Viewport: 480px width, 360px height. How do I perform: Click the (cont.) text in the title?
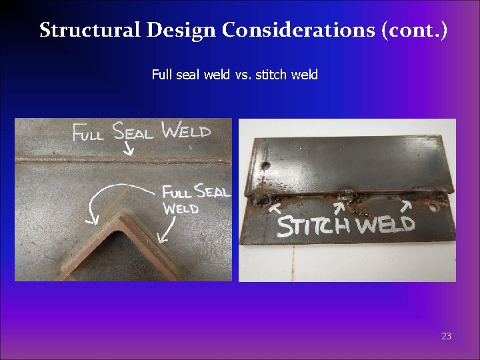coord(415,30)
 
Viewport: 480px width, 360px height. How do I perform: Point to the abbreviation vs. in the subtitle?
coord(243,75)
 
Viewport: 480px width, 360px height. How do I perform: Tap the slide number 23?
coord(446,336)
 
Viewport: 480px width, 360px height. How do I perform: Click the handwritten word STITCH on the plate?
coord(313,225)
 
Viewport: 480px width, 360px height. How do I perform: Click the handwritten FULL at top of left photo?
coord(88,133)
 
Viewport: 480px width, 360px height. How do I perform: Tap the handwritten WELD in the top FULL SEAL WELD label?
coord(186,131)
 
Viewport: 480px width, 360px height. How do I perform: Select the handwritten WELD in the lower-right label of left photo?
coord(181,209)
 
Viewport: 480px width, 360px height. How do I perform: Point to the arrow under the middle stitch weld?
coord(339,207)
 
